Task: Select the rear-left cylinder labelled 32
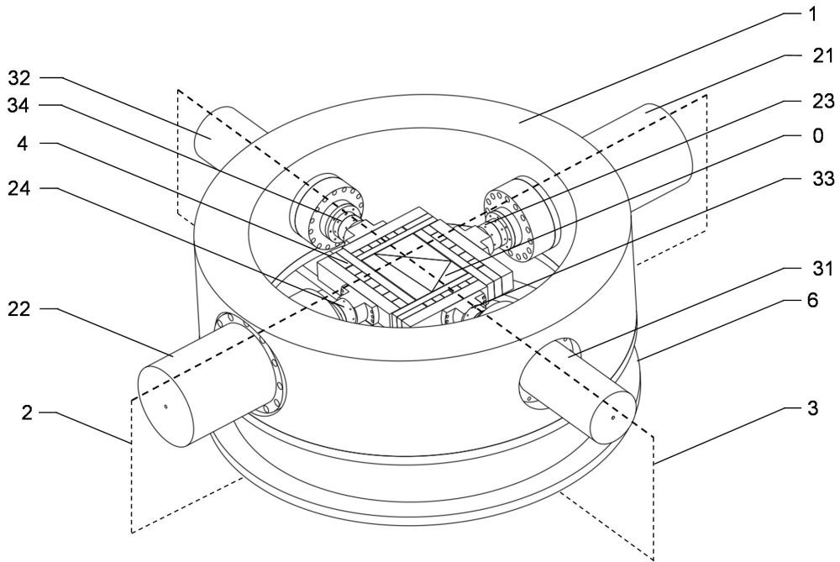pyautogui.click(x=223, y=134)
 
